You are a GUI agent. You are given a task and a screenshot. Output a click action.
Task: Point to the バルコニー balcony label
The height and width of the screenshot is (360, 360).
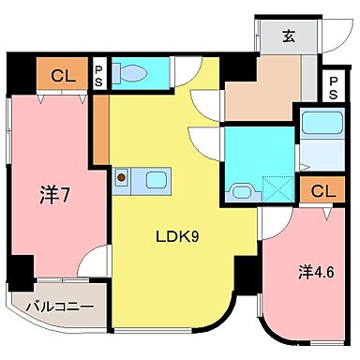point(52,306)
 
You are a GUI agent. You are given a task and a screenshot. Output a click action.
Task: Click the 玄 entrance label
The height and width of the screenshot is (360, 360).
point(289,37)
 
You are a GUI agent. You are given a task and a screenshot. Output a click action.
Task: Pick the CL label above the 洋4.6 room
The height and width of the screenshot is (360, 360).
point(322,191)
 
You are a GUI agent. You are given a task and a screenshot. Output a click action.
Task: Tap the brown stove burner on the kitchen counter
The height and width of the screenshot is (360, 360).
point(122,175)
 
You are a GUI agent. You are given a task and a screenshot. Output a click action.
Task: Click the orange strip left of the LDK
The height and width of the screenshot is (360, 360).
point(100,127)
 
